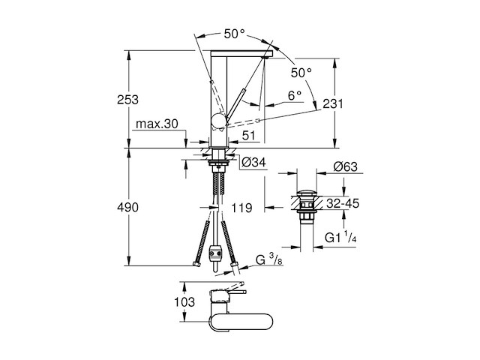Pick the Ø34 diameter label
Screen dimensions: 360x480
253,161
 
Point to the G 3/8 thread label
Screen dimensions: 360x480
267,259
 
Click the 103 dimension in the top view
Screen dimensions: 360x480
193,304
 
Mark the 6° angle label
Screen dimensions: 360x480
293,95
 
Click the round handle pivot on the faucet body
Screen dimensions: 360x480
217,121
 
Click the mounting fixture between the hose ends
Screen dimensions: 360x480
217,256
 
